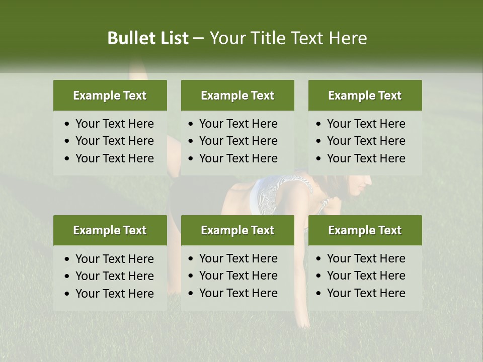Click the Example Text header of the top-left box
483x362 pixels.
(110, 96)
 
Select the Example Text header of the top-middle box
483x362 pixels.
(237, 96)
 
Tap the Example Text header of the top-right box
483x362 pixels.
(365, 96)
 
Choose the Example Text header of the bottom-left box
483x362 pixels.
(110, 230)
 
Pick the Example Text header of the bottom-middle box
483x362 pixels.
(237, 230)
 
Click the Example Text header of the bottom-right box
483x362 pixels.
(365, 230)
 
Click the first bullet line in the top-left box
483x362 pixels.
(114, 124)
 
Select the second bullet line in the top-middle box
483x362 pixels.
(238, 141)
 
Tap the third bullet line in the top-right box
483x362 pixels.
(366, 158)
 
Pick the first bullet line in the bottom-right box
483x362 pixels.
(366, 258)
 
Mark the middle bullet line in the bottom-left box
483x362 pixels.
(114, 276)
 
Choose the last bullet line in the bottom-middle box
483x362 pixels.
(238, 293)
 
